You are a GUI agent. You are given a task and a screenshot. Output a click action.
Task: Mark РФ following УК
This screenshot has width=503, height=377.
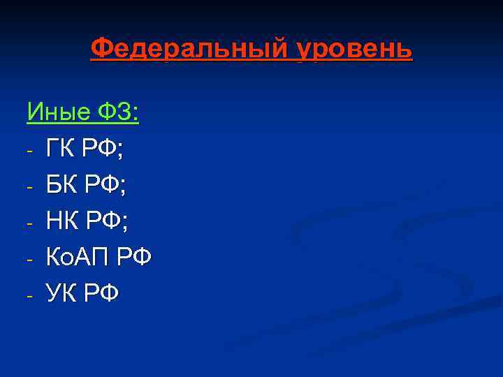click(x=101, y=294)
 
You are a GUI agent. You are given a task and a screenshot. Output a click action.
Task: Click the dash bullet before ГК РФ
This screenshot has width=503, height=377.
click(x=29, y=150)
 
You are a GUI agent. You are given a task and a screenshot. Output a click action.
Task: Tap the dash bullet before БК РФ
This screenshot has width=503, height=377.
click(x=29, y=187)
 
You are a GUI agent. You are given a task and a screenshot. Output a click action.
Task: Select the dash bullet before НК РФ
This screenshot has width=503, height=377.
click(x=29, y=223)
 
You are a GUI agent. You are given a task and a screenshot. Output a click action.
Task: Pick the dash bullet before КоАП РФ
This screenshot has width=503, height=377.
click(x=29, y=260)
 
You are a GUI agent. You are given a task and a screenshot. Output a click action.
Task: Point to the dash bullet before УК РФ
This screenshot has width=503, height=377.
click(x=29, y=296)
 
